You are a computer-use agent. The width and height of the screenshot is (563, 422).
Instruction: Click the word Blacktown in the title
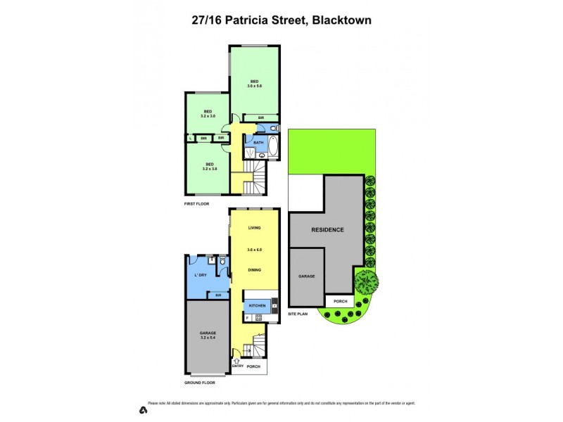tap(340, 20)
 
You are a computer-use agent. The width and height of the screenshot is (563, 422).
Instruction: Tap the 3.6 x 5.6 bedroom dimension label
tap(254, 86)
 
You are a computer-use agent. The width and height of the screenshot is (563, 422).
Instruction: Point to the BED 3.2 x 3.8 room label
tap(208, 167)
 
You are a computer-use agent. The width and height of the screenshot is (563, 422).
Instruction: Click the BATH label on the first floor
tap(258, 143)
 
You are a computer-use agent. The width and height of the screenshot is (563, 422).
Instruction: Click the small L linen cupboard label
tap(191, 138)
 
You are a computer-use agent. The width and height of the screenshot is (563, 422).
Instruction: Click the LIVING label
tap(254, 228)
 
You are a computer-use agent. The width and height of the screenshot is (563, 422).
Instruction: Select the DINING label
tap(254, 270)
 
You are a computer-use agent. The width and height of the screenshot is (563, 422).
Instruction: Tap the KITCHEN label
tap(256, 306)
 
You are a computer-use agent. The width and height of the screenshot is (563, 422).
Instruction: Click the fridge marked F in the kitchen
tap(247, 319)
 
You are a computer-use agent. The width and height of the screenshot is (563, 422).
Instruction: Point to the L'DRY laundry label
tap(200, 275)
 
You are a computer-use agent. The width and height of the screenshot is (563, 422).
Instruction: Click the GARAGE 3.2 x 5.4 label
tap(207, 335)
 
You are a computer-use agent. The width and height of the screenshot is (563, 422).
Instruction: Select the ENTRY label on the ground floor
tap(237, 367)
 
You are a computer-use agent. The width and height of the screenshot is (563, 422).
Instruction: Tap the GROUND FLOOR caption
tap(200, 383)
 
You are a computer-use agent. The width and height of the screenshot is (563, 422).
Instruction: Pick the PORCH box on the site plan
tap(341, 301)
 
